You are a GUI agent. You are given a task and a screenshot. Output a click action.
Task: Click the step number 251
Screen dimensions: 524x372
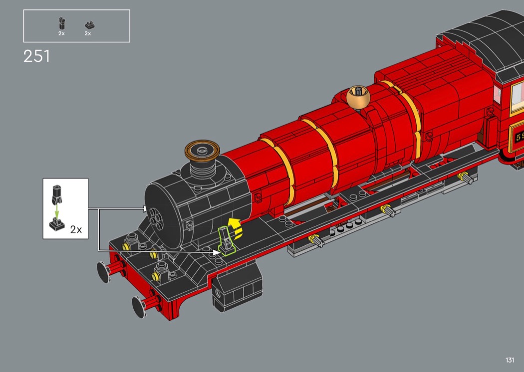[x=37, y=56]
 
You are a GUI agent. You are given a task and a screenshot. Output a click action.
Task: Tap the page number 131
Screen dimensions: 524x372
[x=510, y=360]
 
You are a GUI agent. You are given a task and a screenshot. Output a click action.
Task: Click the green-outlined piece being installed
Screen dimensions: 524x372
[x=226, y=240]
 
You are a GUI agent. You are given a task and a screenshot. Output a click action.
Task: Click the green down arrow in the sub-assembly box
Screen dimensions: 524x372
[x=57, y=210]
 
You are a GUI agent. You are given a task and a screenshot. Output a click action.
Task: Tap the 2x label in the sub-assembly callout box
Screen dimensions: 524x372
[x=76, y=229]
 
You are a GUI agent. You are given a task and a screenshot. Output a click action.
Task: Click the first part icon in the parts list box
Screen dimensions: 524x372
[x=61, y=24]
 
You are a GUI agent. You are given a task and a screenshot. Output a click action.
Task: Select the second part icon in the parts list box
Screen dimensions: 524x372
[x=89, y=25]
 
